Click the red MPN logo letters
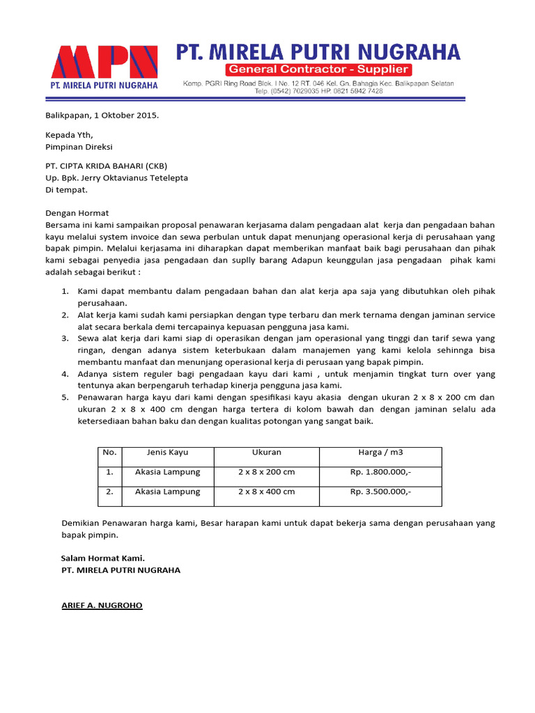coord(104,62)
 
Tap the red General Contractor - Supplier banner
coord(318,70)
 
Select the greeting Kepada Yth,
coord(69,135)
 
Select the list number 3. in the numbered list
coord(64,338)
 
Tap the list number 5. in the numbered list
coord(64,397)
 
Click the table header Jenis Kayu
coord(167,453)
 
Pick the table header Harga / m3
coord(380,453)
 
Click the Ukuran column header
coord(266,453)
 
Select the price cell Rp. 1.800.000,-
coord(380,472)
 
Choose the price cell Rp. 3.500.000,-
coord(380,492)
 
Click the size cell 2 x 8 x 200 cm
coord(266,472)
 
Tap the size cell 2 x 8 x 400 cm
coord(266,492)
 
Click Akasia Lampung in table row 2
coord(167,492)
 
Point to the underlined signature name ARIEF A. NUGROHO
coord(102,606)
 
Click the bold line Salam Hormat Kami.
coord(102,558)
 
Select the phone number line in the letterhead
coord(318,91)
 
